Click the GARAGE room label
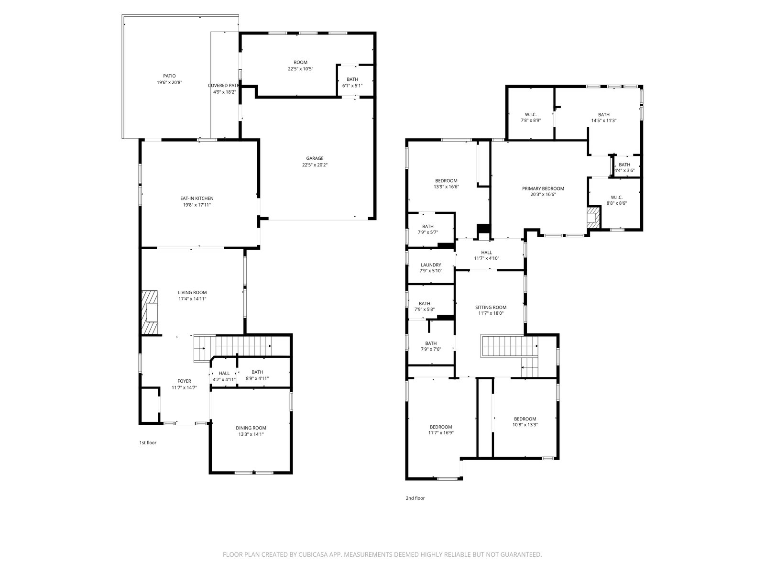(315, 158)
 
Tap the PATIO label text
(169, 76)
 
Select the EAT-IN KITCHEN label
(197, 199)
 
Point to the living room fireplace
(149, 312)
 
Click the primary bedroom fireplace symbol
(593, 218)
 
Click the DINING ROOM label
(251, 428)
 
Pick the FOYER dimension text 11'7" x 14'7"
(185, 387)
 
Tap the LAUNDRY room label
(431, 265)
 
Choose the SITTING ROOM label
(491, 308)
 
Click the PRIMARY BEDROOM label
(543, 188)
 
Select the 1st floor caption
(148, 442)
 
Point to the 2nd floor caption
(415, 498)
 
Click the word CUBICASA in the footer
(313, 554)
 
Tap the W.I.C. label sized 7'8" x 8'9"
(531, 115)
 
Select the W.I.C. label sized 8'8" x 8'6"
(616, 197)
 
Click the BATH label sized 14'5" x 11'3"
(604, 115)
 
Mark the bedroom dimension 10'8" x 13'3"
(525, 425)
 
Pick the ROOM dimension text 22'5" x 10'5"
(300, 69)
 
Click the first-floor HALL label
(224, 373)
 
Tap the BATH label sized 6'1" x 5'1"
(352, 79)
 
